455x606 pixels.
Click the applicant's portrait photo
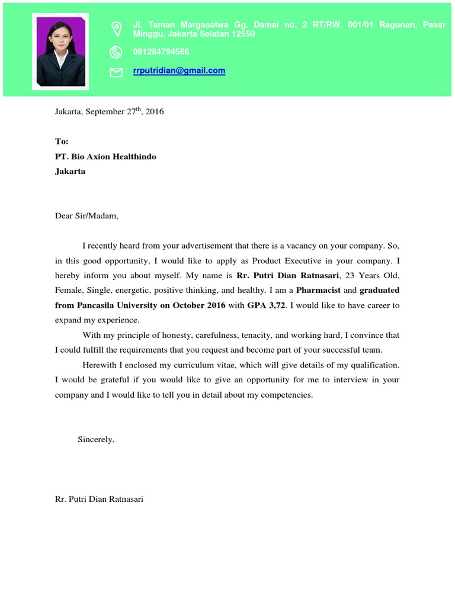[x=60, y=51]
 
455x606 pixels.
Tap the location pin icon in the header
[x=116, y=28]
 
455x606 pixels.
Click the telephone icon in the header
[x=116, y=52]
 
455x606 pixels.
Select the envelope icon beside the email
[x=116, y=72]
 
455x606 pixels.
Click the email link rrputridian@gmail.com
[x=179, y=70]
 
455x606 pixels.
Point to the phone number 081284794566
[x=161, y=52]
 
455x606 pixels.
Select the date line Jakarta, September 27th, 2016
[x=109, y=111]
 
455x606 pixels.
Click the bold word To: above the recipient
[x=62, y=141]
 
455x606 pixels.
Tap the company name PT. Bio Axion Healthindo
[x=105, y=157]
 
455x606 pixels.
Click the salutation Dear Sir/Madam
[x=86, y=216]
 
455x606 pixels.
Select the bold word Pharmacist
[x=319, y=291]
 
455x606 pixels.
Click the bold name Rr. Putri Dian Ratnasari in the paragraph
[x=287, y=276]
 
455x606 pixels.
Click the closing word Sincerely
[x=95, y=439]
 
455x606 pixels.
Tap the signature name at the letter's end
[x=99, y=499]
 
